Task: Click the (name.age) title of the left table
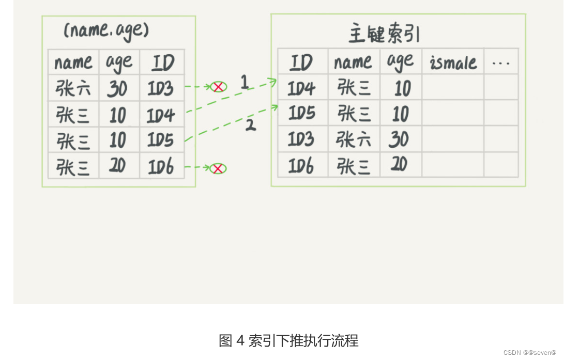tap(106, 31)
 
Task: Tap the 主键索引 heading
tap(384, 35)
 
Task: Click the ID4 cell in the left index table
tap(161, 115)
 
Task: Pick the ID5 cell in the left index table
tap(161, 140)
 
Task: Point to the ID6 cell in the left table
tap(161, 166)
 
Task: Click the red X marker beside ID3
tap(218, 87)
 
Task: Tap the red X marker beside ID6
tap(218, 168)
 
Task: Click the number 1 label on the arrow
tap(245, 81)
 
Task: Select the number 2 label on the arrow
tap(251, 124)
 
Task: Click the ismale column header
tap(453, 63)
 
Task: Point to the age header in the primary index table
tap(400, 62)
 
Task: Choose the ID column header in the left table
tap(162, 63)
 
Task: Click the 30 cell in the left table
tap(117, 89)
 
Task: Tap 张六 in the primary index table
tap(354, 139)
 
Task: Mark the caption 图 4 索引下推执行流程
tap(288, 341)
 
